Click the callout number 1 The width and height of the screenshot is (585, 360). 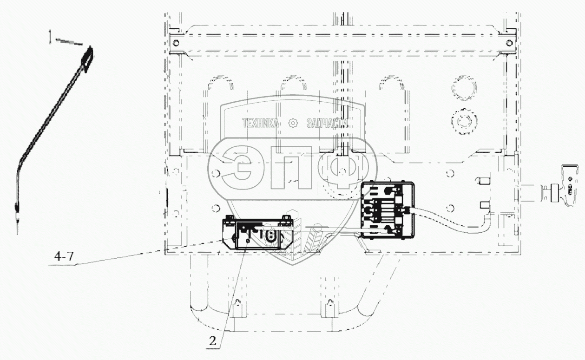(x=50, y=37)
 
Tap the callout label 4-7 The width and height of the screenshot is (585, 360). (x=64, y=256)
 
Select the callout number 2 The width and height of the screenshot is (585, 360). (x=213, y=341)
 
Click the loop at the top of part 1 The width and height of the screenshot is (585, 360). (x=88, y=59)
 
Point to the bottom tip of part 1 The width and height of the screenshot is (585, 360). (x=17, y=234)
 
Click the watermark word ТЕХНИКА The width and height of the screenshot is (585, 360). (x=260, y=123)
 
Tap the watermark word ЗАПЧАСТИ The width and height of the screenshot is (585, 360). (x=328, y=123)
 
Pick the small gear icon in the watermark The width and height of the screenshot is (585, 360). (x=293, y=123)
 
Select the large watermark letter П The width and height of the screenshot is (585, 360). (x=291, y=167)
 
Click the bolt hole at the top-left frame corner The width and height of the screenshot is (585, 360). (x=176, y=43)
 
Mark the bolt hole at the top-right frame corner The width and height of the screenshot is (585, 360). (x=509, y=43)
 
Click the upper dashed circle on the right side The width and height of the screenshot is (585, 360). (x=464, y=88)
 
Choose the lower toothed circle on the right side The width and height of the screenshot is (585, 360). (x=464, y=122)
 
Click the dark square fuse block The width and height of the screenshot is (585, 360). (x=388, y=210)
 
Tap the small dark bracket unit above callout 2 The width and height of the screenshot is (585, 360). (x=257, y=233)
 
